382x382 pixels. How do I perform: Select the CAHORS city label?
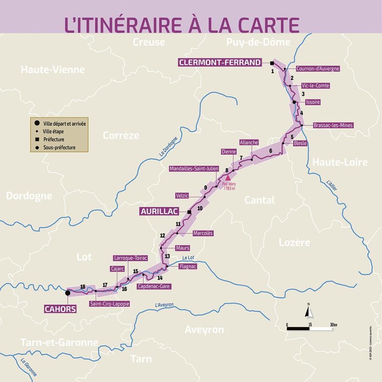point(60,309)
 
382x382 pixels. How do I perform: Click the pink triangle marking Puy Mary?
point(227,177)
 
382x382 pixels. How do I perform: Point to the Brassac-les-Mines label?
point(333,125)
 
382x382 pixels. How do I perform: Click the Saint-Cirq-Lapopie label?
point(109,304)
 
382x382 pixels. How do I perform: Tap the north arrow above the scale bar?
point(309,311)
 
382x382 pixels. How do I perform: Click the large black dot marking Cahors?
point(67,293)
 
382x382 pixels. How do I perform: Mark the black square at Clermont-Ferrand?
point(272,63)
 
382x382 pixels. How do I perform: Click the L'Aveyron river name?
point(165,305)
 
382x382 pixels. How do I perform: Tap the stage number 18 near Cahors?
point(82,286)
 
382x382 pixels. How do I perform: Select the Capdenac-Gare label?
point(153,286)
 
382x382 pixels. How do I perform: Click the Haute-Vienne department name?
point(53,70)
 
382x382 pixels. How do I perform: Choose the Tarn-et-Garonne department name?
point(59,342)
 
